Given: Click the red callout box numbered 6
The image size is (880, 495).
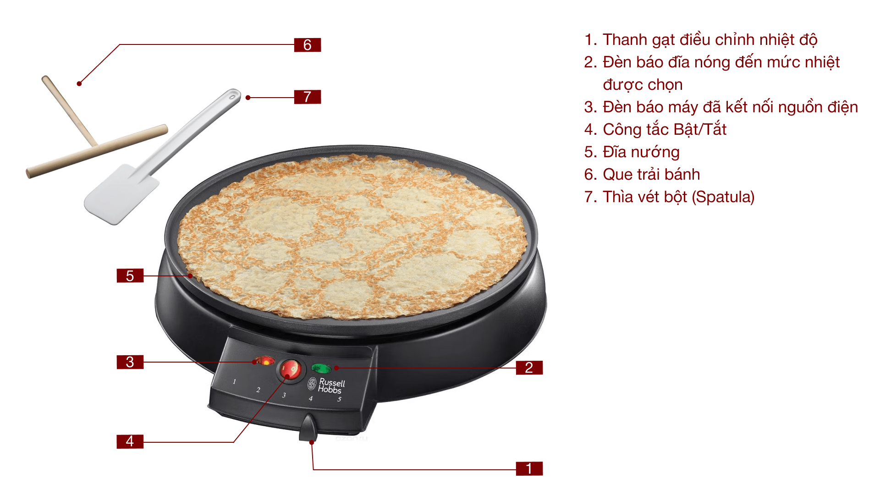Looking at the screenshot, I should pyautogui.click(x=307, y=45).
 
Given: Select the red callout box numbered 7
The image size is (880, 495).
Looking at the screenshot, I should pyautogui.click(x=307, y=97).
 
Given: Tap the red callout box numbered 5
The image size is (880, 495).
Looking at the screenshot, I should pyautogui.click(x=130, y=275).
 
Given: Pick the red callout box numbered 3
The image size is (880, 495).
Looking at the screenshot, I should pyautogui.click(x=130, y=362).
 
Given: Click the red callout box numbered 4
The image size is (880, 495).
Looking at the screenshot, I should pyautogui.click(x=130, y=441).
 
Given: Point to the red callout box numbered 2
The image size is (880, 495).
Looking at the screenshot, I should pyautogui.click(x=529, y=368).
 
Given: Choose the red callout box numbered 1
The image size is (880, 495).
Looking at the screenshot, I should pyautogui.click(x=529, y=468).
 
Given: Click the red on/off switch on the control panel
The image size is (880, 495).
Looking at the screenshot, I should pyautogui.click(x=290, y=369).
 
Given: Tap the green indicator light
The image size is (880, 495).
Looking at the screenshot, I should pyautogui.click(x=321, y=368).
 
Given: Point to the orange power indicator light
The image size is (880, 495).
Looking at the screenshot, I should pyautogui.click(x=265, y=361).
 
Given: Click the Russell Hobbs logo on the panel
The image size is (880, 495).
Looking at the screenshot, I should pyautogui.click(x=327, y=385).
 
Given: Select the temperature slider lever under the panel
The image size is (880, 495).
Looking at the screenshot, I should pyautogui.click(x=308, y=428).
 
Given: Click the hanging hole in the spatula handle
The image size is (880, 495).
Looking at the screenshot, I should pyautogui.click(x=233, y=96).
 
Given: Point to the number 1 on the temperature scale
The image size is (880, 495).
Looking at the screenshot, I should pyautogui.click(x=234, y=381).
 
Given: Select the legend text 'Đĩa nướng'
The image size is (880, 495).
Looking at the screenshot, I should pyautogui.click(x=641, y=152).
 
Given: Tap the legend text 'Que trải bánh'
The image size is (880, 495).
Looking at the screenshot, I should pyautogui.click(x=651, y=175).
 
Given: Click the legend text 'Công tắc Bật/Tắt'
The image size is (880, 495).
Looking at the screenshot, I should pyautogui.click(x=664, y=130).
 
